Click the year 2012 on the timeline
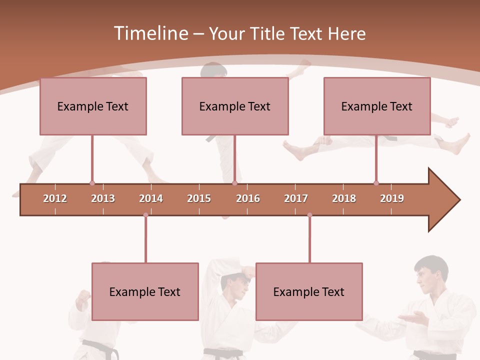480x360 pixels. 55,198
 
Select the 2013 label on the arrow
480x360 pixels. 103,198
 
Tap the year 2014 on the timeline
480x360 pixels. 151,198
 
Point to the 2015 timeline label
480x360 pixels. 199,198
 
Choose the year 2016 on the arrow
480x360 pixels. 248,198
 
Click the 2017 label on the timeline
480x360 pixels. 296,198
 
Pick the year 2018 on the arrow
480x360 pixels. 344,198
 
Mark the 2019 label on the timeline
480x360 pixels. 392,198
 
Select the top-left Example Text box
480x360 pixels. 93,106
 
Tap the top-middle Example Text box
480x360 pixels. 235,106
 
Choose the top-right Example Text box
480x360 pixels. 377,106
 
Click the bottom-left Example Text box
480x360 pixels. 145,291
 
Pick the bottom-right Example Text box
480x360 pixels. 309,291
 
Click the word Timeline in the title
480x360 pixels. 150,33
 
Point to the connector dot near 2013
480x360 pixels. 92,183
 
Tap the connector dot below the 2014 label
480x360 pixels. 145,215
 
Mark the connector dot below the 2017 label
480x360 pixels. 309,215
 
